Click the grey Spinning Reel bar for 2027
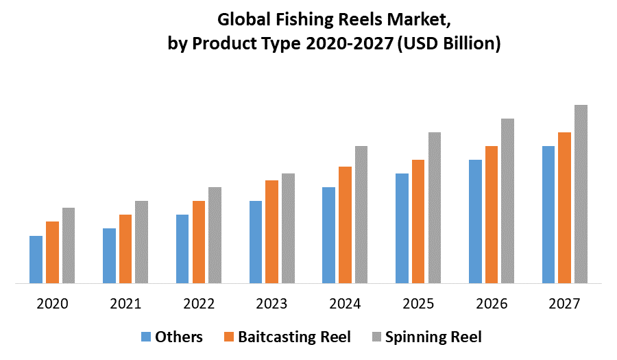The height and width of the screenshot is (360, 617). click(581, 193)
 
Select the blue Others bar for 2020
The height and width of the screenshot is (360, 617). click(36, 259)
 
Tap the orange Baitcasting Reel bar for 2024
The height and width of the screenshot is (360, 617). click(345, 224)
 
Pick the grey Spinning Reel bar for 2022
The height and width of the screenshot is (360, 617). click(215, 235)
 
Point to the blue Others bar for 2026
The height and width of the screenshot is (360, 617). click(475, 221)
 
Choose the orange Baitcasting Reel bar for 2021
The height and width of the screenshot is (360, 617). click(125, 248)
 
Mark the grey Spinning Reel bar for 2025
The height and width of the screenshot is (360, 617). click(434, 207)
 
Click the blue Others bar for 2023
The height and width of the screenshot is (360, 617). click(256, 241)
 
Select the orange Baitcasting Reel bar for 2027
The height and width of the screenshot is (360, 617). click(564, 207)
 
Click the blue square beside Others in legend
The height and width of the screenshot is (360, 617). click(146, 337)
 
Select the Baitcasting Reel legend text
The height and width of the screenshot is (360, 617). click(294, 337)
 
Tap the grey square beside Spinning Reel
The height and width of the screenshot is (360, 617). click(376, 337)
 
